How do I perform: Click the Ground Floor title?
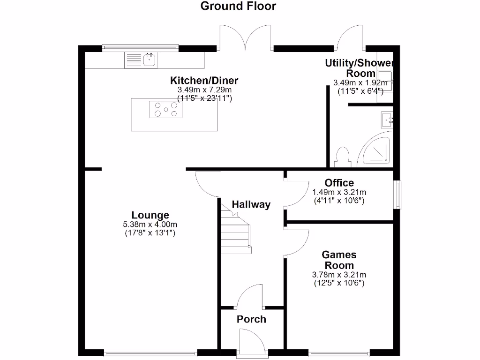pyautogui.click(x=238, y=6)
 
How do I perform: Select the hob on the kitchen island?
pyautogui.click(x=165, y=110)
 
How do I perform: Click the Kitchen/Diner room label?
pyautogui.click(x=204, y=80)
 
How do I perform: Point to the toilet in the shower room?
pyautogui.click(x=343, y=157)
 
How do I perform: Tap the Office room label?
pyautogui.click(x=339, y=183)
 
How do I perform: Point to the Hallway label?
pyautogui.click(x=251, y=204)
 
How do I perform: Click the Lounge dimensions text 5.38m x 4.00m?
pyautogui.click(x=150, y=225)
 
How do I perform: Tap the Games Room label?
pyautogui.click(x=339, y=260)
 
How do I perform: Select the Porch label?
pyautogui.click(x=251, y=319)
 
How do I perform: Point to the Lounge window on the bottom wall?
pyautogui.click(x=150, y=352)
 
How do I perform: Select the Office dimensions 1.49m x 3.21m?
pyautogui.click(x=339, y=192)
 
